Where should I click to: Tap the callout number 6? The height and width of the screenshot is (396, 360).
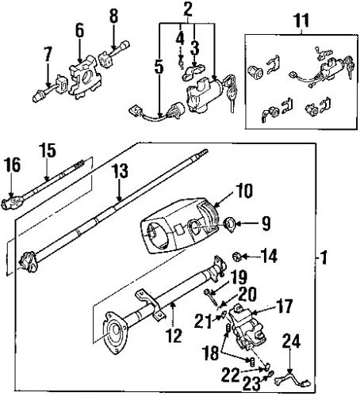tap(78, 30)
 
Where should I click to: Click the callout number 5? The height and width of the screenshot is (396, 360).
tap(158, 67)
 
